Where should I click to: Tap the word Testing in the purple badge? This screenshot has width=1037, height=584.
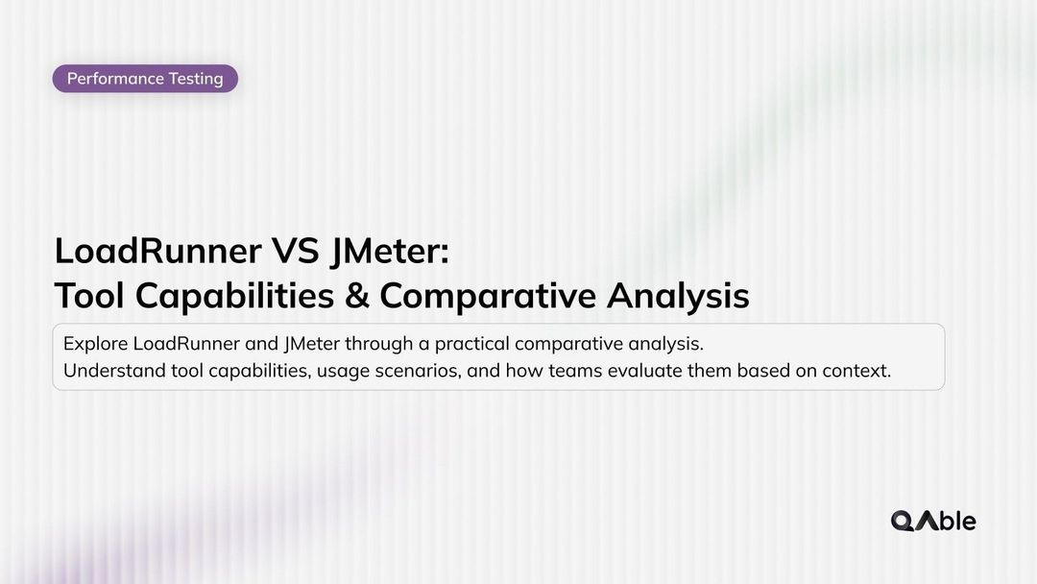point(196,79)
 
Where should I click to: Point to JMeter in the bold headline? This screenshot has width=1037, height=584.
point(389,251)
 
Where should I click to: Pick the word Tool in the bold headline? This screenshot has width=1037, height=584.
point(89,296)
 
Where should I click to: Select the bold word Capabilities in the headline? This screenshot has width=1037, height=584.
point(234,296)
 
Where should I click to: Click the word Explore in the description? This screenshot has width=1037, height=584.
point(95,344)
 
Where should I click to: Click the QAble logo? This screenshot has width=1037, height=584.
point(933,521)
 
